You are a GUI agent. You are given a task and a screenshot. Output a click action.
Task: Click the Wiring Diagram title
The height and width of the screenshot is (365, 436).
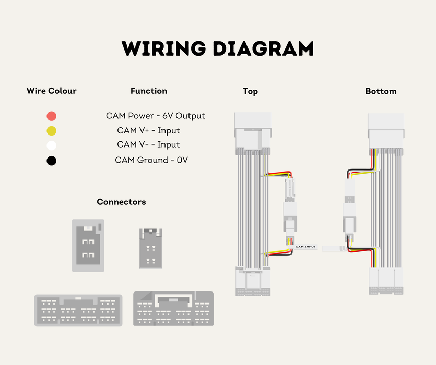click(x=218, y=48)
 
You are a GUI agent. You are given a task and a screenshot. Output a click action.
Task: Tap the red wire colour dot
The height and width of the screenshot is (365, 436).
click(x=52, y=116)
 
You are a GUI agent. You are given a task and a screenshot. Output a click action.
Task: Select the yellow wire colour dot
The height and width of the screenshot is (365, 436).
click(x=52, y=130)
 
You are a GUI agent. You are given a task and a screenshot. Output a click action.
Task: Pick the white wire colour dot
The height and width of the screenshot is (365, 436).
click(x=52, y=145)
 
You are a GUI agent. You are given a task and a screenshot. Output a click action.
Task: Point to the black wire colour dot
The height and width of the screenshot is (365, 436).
click(x=52, y=161)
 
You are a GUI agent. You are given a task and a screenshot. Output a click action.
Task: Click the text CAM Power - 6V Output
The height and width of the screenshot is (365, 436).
click(x=156, y=116)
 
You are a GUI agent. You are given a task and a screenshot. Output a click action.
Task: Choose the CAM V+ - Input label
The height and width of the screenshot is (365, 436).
click(x=148, y=130)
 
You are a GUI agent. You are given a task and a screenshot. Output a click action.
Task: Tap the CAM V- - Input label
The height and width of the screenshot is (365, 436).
click(x=148, y=144)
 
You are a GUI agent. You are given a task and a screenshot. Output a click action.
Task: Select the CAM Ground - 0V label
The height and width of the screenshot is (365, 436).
click(x=151, y=160)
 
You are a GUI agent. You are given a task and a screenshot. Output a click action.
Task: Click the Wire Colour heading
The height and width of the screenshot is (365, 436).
click(x=52, y=91)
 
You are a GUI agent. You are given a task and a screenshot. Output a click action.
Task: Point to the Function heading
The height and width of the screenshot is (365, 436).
click(x=149, y=91)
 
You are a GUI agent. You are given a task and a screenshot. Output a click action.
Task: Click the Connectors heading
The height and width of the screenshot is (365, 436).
click(x=121, y=202)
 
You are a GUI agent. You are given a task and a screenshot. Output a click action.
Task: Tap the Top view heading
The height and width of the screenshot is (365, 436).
click(x=250, y=91)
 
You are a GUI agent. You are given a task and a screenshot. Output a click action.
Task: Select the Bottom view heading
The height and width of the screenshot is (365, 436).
click(x=381, y=91)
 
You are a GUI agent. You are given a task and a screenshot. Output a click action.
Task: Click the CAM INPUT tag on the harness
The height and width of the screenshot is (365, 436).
click(x=305, y=247)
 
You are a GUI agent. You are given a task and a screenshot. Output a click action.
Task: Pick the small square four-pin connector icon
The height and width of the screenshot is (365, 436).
click(x=88, y=246)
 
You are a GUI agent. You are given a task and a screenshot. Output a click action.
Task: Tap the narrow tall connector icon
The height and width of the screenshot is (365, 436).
click(x=151, y=248)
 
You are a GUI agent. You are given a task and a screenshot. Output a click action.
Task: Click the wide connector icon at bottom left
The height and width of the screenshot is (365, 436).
click(x=78, y=310)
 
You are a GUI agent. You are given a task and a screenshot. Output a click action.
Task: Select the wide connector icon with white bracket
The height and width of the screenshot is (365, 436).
click(x=173, y=309)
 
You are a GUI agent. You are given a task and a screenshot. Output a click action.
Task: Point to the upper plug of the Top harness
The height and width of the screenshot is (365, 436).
click(x=253, y=130)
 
